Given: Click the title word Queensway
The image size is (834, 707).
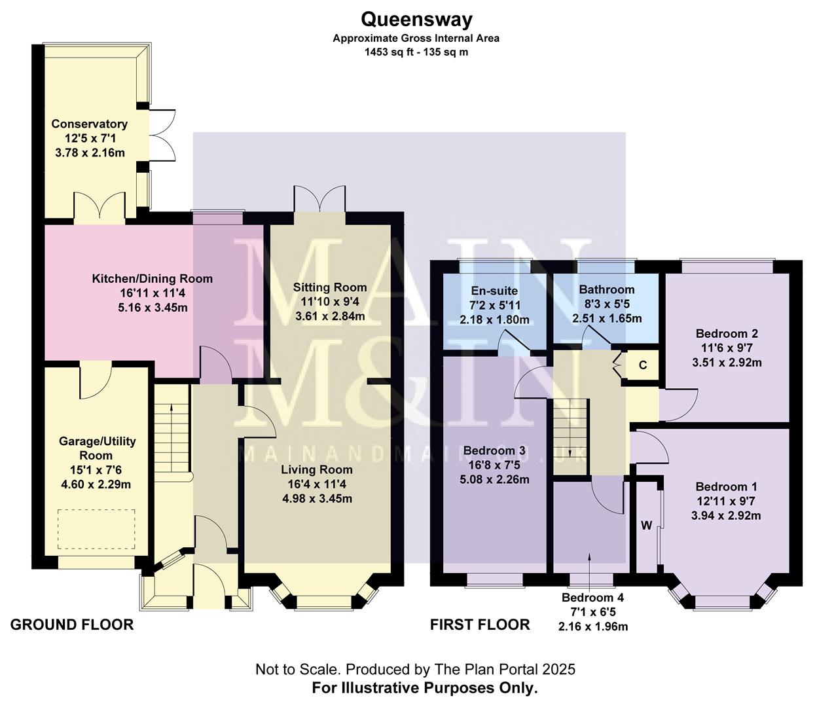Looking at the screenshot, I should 416,20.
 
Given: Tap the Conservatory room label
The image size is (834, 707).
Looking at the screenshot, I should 89,124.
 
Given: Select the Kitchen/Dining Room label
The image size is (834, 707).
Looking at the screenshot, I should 152,278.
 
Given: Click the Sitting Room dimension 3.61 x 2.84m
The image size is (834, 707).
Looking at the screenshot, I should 329,316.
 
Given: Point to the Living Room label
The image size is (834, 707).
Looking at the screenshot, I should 317,469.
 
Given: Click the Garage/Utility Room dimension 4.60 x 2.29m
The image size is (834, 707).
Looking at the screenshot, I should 97,484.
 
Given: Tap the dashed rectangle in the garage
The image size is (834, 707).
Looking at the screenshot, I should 97,529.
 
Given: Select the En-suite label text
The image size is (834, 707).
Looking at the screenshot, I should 494,291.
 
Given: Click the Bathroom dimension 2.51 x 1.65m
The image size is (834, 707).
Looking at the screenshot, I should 606,319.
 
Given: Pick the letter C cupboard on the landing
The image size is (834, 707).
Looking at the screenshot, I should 642,365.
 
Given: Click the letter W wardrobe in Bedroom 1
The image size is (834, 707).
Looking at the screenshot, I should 646,525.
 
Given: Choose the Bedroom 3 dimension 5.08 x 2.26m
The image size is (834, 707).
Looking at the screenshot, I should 494,479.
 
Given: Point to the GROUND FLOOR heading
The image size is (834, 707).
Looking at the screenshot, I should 72,625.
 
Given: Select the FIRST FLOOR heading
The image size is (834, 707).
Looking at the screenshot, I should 480,625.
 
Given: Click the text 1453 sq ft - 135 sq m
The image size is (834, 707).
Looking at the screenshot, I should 416,52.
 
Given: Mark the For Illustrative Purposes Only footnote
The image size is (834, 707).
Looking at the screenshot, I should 425,688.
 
